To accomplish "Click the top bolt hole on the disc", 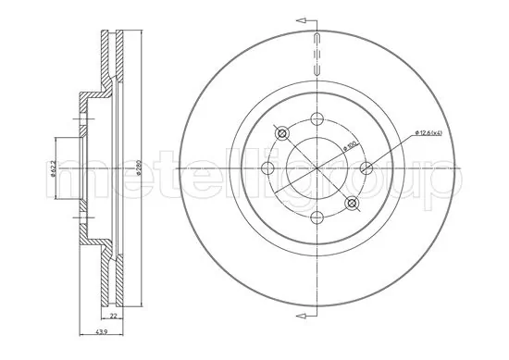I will pyautogui.click(x=317, y=118).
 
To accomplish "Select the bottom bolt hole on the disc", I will pyautogui.click(x=317, y=218).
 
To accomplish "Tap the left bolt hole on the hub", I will pyautogui.click(x=267, y=168).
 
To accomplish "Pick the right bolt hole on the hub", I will pyautogui.click(x=366, y=168).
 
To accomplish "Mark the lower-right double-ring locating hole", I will pyautogui.click(x=352, y=202).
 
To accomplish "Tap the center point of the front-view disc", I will pyautogui.click(x=317, y=168).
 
